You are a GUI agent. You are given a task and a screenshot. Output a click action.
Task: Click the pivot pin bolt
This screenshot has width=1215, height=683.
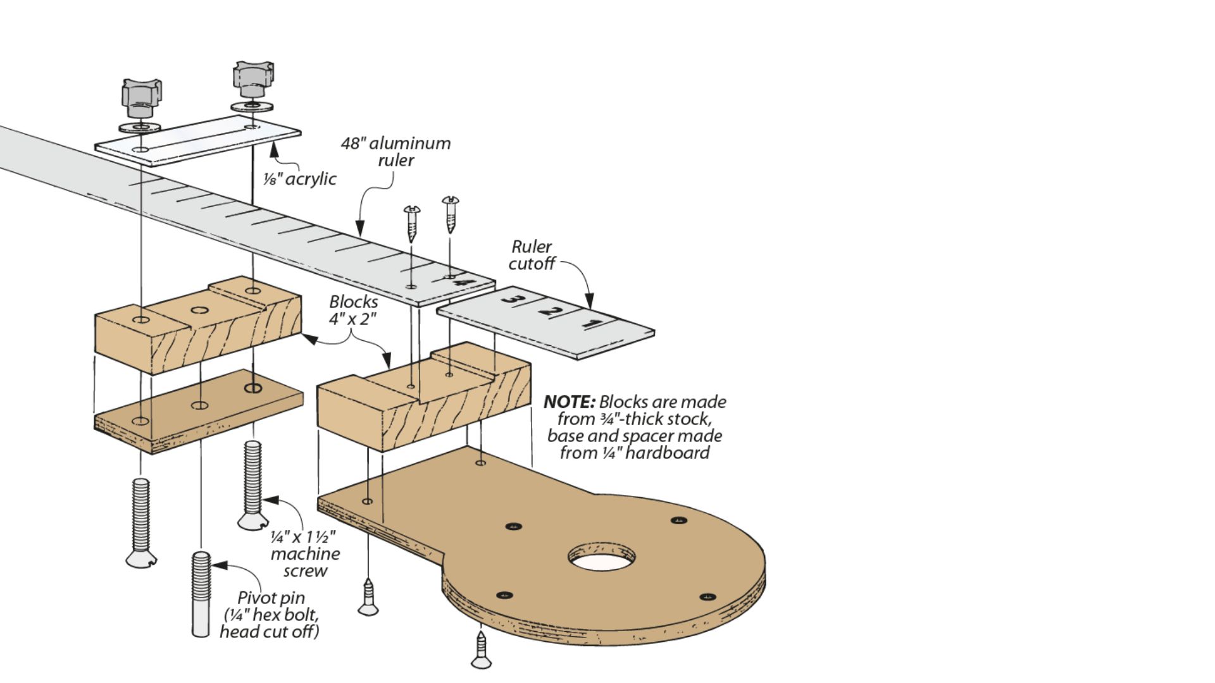tap(201, 594)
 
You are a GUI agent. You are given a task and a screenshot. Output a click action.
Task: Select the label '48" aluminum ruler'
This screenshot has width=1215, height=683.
tap(396, 152)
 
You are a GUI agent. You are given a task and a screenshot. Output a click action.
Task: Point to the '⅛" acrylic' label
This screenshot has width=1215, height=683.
tap(300, 179)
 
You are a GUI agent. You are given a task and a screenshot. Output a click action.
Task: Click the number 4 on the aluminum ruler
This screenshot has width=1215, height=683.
tap(463, 282)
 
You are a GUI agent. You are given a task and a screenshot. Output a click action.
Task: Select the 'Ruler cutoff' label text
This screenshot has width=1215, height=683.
tap(532, 255)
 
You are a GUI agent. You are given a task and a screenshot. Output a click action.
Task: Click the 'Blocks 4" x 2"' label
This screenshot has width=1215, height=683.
tap(353, 310)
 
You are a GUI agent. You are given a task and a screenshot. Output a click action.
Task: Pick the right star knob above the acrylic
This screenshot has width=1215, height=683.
tap(253, 78)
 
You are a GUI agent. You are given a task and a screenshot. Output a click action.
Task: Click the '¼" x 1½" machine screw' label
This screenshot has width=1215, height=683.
tap(305, 554)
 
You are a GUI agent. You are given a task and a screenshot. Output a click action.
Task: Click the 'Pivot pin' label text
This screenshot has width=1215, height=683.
tap(271, 598)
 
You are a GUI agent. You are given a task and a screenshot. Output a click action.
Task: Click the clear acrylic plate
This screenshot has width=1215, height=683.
tap(197, 140)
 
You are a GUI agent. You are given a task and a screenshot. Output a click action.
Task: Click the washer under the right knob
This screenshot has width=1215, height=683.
tap(252, 106)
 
